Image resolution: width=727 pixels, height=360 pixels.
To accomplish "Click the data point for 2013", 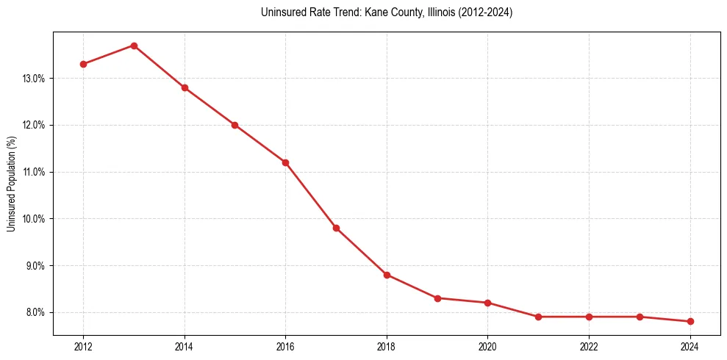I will coord(134,46).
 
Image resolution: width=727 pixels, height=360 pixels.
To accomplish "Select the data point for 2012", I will coord(83,64).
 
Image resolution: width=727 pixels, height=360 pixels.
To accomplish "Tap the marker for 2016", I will coord(285,162).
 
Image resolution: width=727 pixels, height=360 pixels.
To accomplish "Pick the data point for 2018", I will coord(387,275).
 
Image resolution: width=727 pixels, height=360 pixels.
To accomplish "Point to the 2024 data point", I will coord(690,321).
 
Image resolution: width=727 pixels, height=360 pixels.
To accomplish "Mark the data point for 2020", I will coord(488,303).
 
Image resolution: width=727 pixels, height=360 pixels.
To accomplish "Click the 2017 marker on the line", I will coord(336,228).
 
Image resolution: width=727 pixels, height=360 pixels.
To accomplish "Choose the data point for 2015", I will coord(234,125).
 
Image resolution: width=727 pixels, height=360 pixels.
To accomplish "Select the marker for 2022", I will coord(589,317).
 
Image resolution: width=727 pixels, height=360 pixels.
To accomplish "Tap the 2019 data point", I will coord(437,298).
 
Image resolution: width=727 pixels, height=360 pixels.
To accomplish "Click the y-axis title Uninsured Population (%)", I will coord(11,184).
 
